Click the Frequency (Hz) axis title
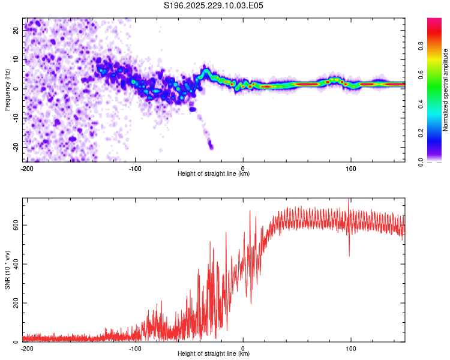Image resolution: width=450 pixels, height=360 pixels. (x=7, y=89)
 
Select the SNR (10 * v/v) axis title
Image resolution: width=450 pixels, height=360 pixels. (x=7, y=270)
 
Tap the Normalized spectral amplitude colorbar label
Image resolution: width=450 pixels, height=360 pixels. (x=446, y=90)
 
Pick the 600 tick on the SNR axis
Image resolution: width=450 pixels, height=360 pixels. (x=14, y=225)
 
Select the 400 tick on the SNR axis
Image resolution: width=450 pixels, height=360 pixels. (x=14, y=264)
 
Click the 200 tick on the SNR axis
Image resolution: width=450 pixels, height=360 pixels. (x=14, y=303)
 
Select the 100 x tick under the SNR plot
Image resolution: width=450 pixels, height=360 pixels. (x=350, y=349)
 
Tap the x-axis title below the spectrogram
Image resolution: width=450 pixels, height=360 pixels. (x=214, y=174)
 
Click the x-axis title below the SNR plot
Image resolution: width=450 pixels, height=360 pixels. (x=214, y=354)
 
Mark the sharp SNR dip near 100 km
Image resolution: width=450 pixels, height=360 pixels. (x=349, y=255)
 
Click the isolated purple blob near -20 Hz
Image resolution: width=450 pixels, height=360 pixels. (x=210, y=145)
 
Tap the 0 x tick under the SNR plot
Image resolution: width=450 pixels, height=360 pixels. (x=243, y=349)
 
